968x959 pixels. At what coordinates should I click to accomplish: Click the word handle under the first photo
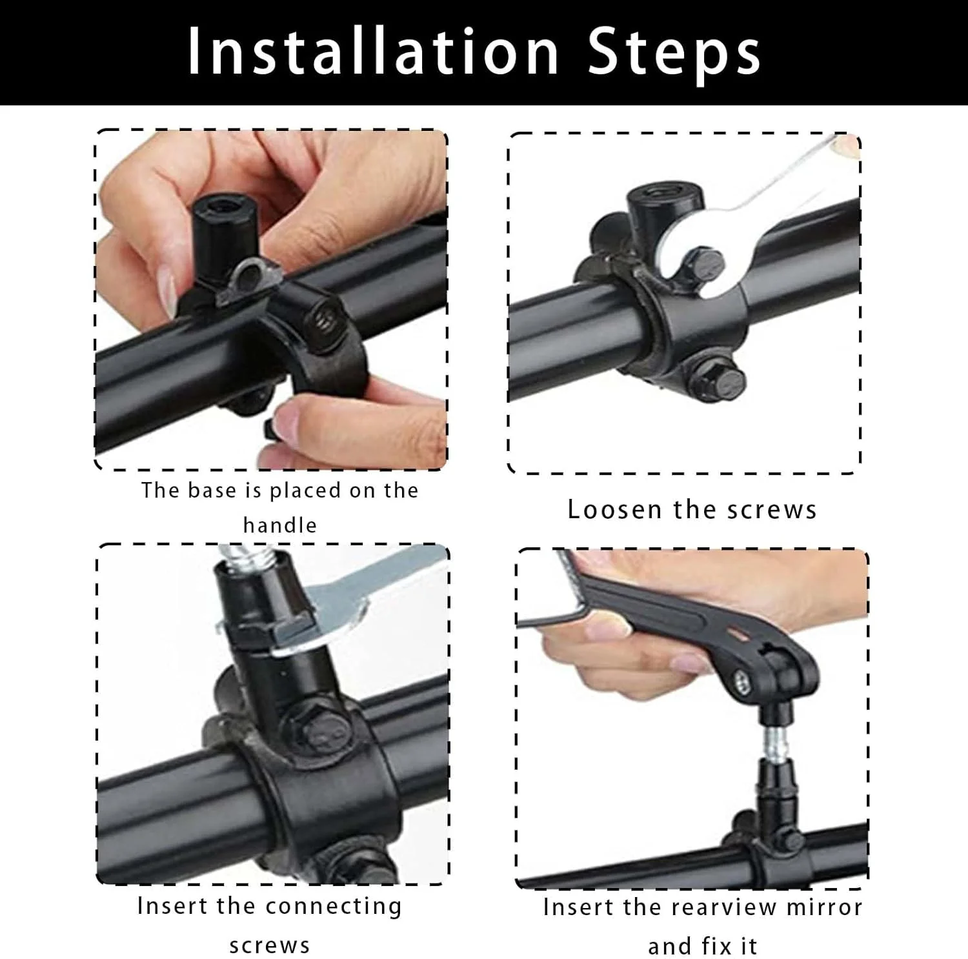click(x=279, y=525)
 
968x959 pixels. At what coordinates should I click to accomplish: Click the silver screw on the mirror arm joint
click(x=741, y=678)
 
